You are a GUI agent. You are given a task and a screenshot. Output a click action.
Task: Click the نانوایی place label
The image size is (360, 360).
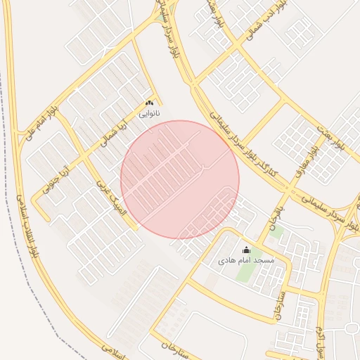(x=149, y=113)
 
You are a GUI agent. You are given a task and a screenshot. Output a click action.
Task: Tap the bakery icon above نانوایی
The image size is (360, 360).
(x=149, y=103)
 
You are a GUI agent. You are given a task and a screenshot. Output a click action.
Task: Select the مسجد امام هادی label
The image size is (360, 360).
(x=246, y=260)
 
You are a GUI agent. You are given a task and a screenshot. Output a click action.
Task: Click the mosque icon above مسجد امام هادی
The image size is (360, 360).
(x=246, y=250)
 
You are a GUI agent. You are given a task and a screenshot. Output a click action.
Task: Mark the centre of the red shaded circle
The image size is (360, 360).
(x=180, y=180)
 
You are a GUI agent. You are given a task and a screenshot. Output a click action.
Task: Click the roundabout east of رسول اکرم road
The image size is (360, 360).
(x=351, y=328)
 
